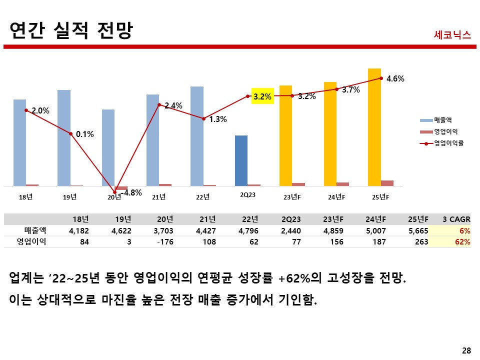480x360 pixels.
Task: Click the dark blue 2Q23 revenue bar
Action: (241, 160)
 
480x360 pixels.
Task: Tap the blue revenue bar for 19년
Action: (64, 138)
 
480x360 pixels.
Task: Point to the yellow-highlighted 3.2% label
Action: (262, 96)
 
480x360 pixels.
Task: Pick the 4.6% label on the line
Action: (395, 78)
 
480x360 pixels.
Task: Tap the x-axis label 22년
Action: (202, 197)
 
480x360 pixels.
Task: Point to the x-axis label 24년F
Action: (336, 197)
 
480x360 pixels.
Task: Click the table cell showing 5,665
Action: (418, 230)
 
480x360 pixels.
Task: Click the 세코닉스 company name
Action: (452, 34)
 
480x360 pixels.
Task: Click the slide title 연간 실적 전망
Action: (71, 30)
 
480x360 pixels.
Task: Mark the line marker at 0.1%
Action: (71, 133)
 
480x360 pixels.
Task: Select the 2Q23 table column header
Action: (290, 219)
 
